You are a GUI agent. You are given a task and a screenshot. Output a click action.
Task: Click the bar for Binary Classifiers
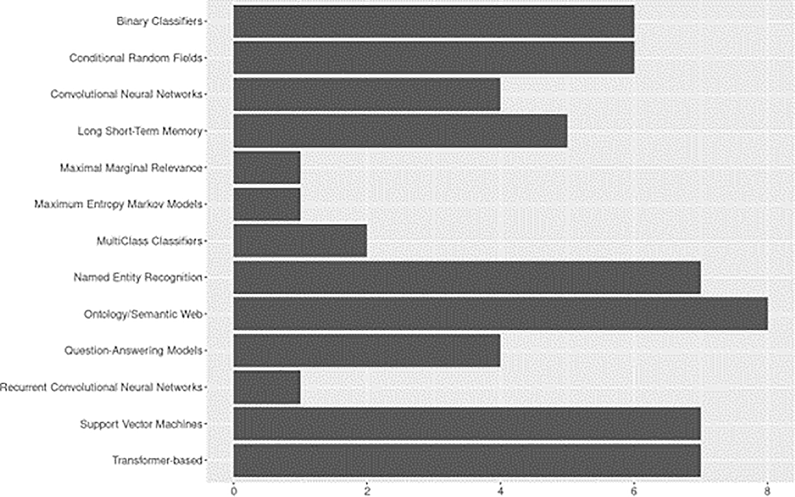tap(434, 21)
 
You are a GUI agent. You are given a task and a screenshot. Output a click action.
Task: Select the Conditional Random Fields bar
tap(434, 58)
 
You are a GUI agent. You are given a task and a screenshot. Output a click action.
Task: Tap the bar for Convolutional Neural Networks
tap(367, 94)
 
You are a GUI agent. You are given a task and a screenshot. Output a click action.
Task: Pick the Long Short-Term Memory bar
tap(400, 131)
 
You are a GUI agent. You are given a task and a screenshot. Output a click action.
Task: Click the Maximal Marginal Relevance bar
tap(267, 167)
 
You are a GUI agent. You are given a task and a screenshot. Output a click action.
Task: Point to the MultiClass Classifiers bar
tap(300, 240)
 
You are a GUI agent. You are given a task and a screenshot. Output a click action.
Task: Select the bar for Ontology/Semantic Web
tap(500, 314)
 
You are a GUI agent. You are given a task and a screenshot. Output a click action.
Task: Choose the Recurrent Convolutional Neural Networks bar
tap(267, 387)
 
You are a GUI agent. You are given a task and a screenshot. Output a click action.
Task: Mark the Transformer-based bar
tap(467, 460)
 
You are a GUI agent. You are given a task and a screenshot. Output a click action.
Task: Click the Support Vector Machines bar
tap(467, 423)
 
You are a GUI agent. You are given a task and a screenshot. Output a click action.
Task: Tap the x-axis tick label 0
tap(234, 491)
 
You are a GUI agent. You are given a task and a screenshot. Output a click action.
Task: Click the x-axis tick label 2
tap(367, 491)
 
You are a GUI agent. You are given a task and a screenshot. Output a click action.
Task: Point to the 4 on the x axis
tap(500, 491)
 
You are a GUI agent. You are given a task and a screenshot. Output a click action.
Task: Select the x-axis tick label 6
tap(634, 491)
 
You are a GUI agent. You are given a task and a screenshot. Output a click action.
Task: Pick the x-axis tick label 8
tap(767, 491)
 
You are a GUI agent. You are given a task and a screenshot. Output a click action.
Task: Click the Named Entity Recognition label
tap(138, 277)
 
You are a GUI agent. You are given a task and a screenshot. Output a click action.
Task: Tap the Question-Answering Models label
tap(133, 350)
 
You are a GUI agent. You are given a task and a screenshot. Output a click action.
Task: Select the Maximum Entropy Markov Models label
tap(118, 204)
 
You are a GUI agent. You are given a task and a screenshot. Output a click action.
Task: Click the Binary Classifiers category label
tap(159, 21)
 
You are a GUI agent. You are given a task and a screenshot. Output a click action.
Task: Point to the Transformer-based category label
tap(157, 460)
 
